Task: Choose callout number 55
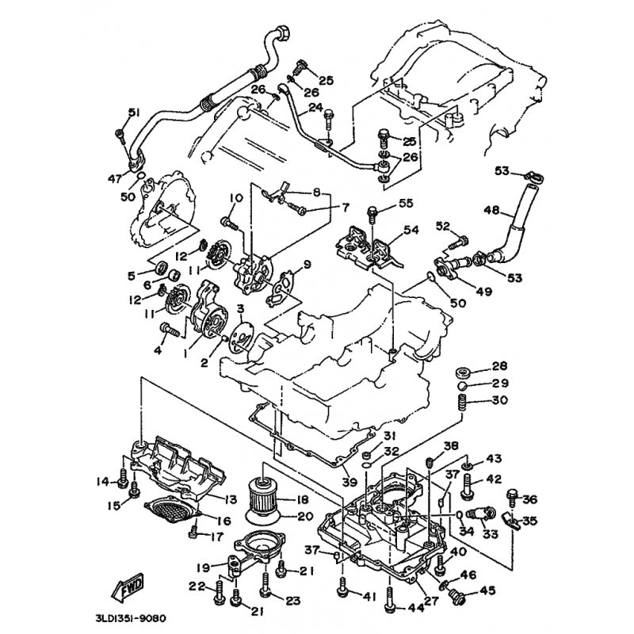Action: click(x=406, y=204)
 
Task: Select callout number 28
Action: click(x=498, y=365)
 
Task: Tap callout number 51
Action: click(x=133, y=111)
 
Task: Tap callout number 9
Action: click(x=307, y=264)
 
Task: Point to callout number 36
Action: click(x=530, y=499)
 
